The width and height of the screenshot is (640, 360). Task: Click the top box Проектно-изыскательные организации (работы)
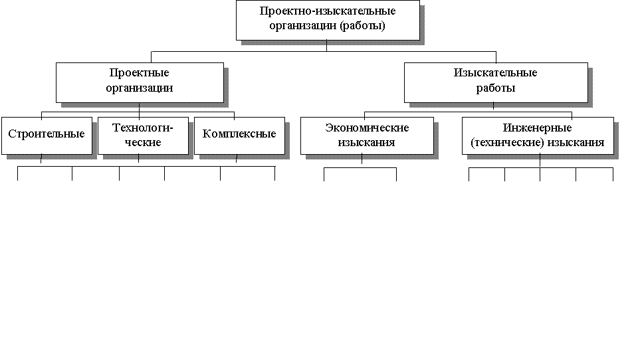pos(328,20)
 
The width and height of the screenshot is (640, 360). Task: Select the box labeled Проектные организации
pos(140,82)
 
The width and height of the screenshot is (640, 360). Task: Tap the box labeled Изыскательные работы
pos(496,82)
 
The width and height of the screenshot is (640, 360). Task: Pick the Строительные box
pos(47,135)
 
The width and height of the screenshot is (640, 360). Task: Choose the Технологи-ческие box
pos(142,135)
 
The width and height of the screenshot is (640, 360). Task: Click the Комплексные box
pos(239,135)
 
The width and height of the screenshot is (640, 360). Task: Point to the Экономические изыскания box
pos(367,135)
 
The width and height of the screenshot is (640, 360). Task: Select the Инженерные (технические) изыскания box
pos(538,135)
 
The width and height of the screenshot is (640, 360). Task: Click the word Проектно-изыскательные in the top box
pos(328,11)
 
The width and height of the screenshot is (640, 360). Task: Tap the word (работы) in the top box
pos(364,27)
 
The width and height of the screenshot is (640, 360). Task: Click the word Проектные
pos(140,72)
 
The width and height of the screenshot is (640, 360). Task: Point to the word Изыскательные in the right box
pos(496,72)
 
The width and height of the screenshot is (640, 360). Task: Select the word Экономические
pos(367,127)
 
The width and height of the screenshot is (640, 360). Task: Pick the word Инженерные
pos(538,127)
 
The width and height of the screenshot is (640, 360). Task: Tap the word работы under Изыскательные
pos(496,88)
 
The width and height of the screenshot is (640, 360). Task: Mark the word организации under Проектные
pos(140,88)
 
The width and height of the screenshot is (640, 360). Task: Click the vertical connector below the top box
pos(327,46)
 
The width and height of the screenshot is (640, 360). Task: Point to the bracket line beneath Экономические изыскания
pos(360,168)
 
